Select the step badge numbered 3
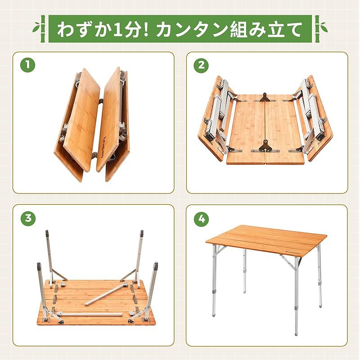[x=28, y=219]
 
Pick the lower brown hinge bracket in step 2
[x=265, y=145]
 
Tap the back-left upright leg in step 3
[x=48, y=252]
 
